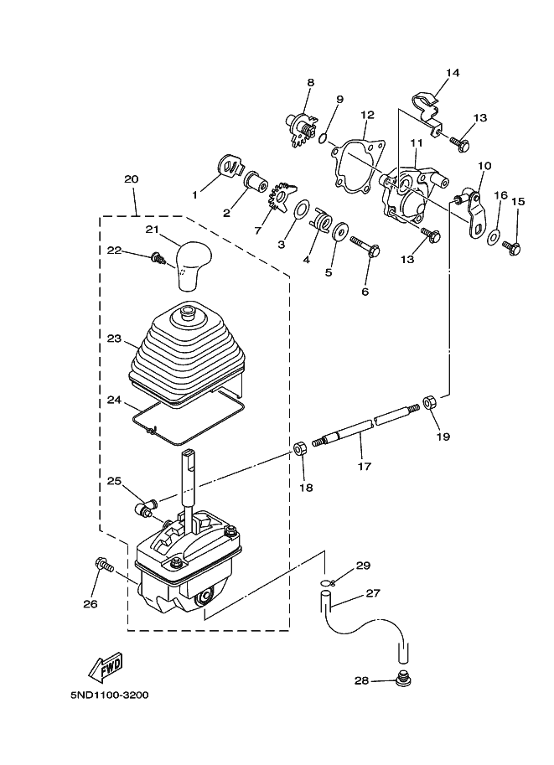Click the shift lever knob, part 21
tap(194, 266)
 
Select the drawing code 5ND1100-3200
tap(109, 695)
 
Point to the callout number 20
tap(131, 179)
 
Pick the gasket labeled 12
tap(358, 163)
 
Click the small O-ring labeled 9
tap(322, 139)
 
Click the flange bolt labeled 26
tap(104, 565)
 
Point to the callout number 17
tap(364, 466)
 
